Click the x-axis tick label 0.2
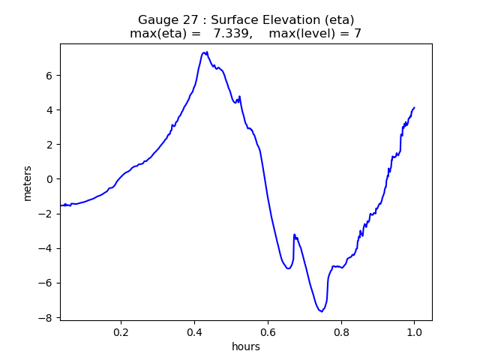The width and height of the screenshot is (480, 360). coord(121,332)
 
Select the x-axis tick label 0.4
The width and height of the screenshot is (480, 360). coord(194,332)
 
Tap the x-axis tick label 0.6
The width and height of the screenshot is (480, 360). coord(268,332)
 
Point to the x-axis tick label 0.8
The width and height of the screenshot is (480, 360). coord(340,332)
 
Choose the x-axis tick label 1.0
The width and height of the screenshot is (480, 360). coord(414,332)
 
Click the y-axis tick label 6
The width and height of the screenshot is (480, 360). coord(49,76)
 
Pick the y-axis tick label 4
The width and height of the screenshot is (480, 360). coord(49,110)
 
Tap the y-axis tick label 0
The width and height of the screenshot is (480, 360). coord(49,179)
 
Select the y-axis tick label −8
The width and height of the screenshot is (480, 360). coord(46,318)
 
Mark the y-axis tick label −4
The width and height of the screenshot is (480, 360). coord(46,248)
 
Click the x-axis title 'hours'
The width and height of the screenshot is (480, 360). coord(246,346)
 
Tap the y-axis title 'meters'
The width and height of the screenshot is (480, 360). coord(28,182)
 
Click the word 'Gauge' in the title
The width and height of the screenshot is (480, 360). coord(156,19)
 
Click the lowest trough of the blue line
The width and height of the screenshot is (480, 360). coord(320,310)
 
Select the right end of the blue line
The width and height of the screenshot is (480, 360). coord(414,107)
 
